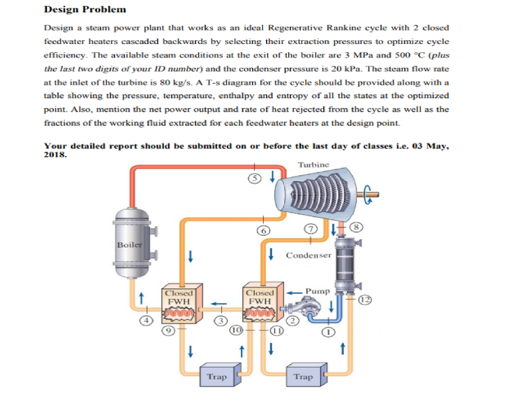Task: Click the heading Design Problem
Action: point(85,9)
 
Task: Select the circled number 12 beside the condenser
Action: point(365,300)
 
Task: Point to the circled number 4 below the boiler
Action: point(147,320)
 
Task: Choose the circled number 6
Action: point(263,231)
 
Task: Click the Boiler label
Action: point(128,245)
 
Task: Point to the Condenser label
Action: point(308,255)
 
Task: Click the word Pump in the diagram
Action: point(317,291)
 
